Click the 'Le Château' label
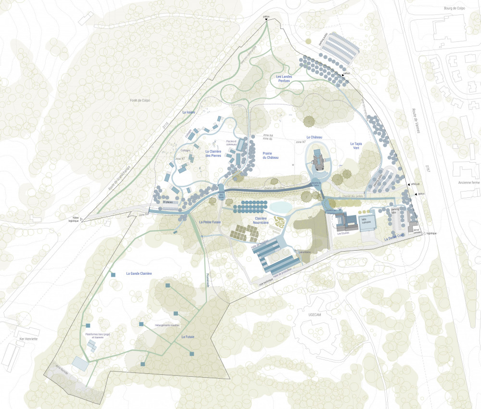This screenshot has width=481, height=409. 313,138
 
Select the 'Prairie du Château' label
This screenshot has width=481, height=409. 270,155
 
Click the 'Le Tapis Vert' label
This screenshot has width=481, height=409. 358,146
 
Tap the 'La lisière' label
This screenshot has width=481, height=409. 189,112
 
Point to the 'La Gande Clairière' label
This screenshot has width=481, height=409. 139,273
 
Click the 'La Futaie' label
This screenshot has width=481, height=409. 188,337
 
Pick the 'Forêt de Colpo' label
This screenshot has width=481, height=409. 140,100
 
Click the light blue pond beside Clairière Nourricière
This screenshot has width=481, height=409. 280,207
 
